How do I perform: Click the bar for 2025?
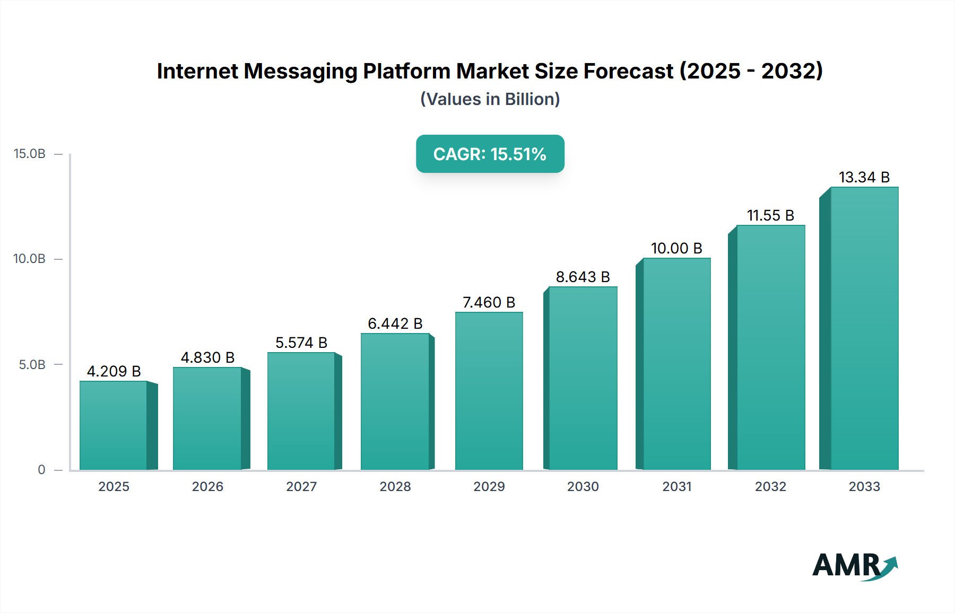pyautogui.click(x=114, y=425)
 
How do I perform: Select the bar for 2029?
pyautogui.click(x=489, y=391)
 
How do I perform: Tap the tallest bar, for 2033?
pyautogui.click(x=864, y=328)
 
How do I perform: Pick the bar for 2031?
pyautogui.click(x=676, y=364)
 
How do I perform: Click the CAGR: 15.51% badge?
pyautogui.click(x=490, y=154)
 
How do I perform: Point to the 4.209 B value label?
pyautogui.click(x=114, y=371)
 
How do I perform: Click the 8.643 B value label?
pyautogui.click(x=583, y=277)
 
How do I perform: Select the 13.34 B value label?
pyautogui.click(x=864, y=177)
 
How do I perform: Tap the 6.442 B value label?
pyautogui.click(x=395, y=323)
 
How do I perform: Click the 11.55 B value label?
pyautogui.click(x=770, y=215)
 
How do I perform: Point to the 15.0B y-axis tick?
pyautogui.click(x=30, y=154)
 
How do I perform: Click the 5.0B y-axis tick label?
pyautogui.click(x=32, y=365)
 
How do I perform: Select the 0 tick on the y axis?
pyautogui.click(x=41, y=470)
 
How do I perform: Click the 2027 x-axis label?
pyautogui.click(x=301, y=486)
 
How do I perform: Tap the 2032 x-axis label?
pyautogui.click(x=770, y=486)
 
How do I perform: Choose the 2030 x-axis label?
pyautogui.click(x=583, y=486)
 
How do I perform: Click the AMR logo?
pyautogui.click(x=854, y=566)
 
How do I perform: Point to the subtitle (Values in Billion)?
pyautogui.click(x=490, y=99)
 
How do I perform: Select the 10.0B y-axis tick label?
pyautogui.click(x=30, y=259)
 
